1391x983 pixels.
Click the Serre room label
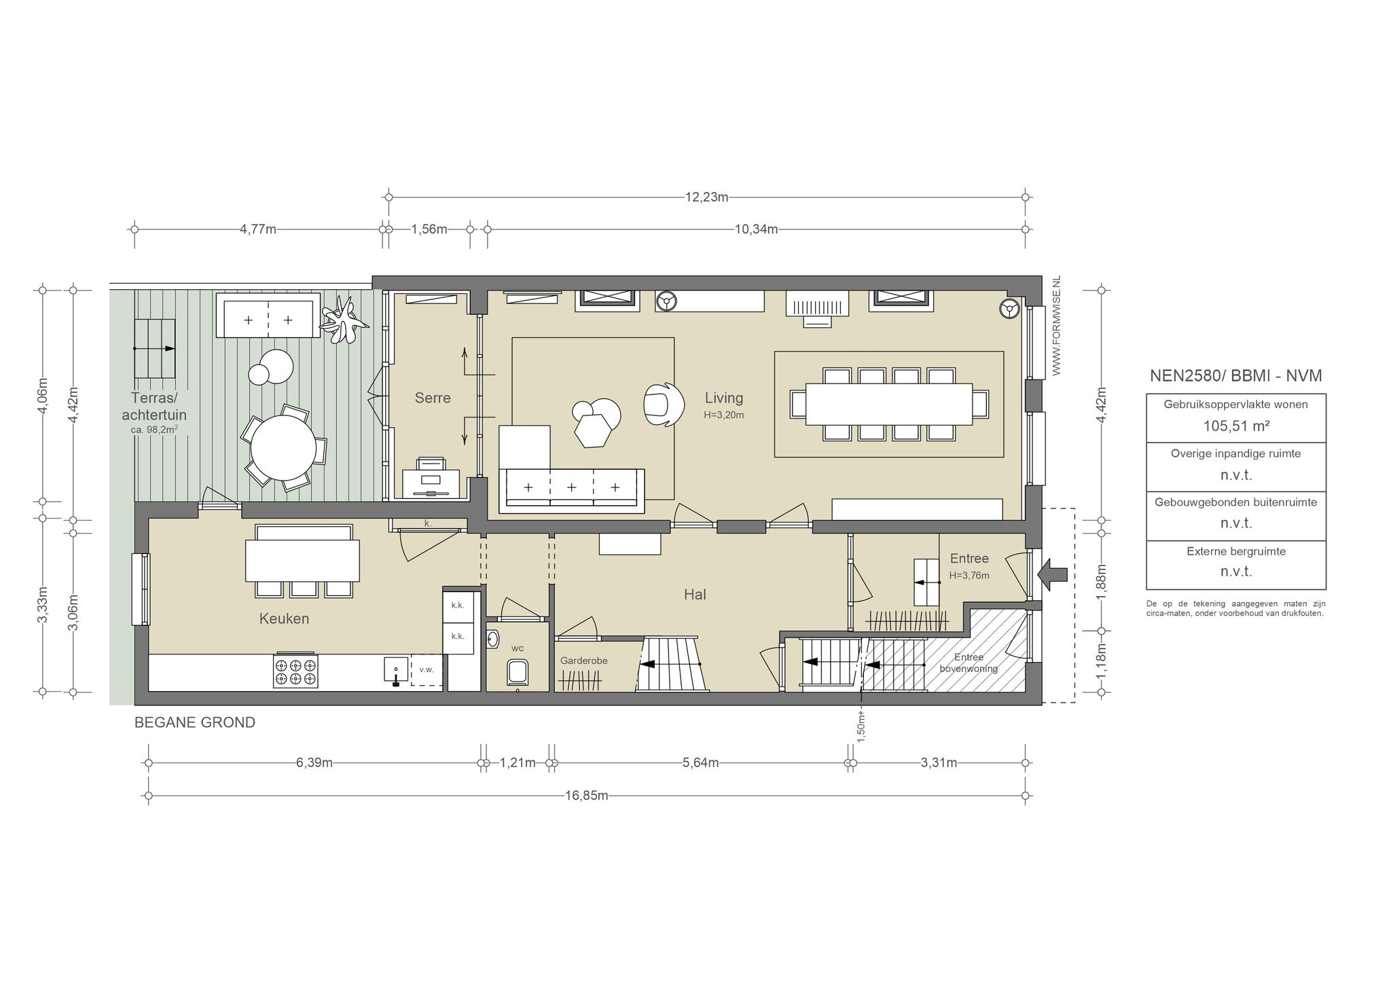click(x=433, y=398)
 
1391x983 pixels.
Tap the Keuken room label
click(x=284, y=618)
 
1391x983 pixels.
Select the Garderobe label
click(x=583, y=661)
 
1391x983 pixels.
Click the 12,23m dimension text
click(x=706, y=198)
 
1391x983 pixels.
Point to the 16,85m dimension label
click(x=586, y=796)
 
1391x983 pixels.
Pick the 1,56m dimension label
click(x=429, y=229)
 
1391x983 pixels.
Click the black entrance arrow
click(x=1053, y=575)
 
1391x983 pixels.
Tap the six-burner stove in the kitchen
click(x=295, y=671)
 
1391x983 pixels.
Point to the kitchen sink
click(x=396, y=671)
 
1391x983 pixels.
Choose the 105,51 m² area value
click(x=1236, y=426)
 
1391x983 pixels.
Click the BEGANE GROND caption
click(x=195, y=722)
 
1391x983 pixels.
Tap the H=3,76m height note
click(x=969, y=576)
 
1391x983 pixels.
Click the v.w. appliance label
click(x=427, y=669)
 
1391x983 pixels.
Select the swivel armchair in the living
click(x=662, y=405)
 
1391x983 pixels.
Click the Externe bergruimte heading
click(x=1236, y=551)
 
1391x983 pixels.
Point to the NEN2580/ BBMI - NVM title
click(x=1236, y=375)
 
